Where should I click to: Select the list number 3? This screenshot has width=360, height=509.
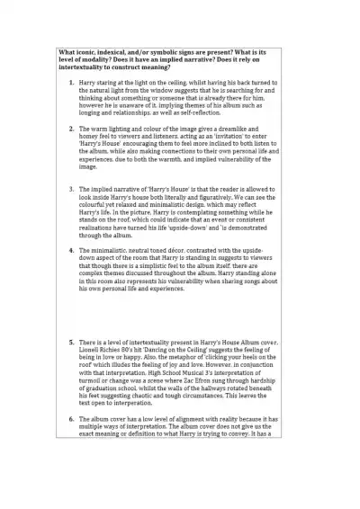coord(71,190)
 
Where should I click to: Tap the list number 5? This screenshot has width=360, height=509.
coord(71,343)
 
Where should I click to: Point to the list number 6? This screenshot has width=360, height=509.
coord(71,419)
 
